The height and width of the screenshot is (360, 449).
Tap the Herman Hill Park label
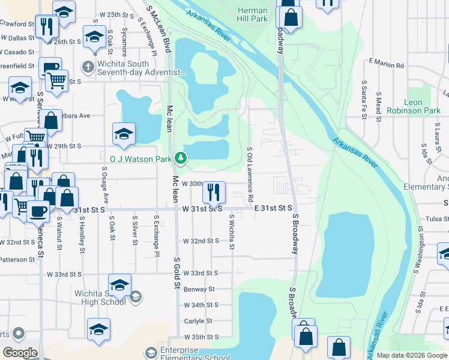click(252, 15)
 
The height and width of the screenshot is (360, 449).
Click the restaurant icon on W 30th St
click(214, 192)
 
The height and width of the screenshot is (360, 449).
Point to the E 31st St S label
click(273, 208)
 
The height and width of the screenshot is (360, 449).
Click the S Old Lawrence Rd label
click(250, 173)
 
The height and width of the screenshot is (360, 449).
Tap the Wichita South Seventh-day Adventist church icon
click(88, 67)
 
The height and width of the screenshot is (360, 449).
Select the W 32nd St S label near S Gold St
click(201, 241)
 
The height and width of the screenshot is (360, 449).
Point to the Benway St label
click(199, 289)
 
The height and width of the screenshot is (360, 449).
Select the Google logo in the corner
click(20, 353)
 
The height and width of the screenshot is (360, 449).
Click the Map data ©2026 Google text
click(411, 355)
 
